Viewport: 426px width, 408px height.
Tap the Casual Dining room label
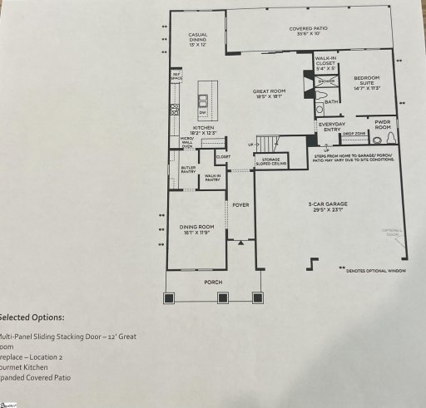click(198, 38)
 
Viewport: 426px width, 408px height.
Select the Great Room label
click(270, 95)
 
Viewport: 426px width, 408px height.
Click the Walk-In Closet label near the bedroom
click(325, 63)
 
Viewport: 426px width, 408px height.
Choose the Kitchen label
click(203, 130)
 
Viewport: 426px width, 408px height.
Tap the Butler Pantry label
click(187, 170)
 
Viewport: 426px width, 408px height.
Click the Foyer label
click(240, 204)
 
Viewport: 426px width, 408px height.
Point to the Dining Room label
click(197, 229)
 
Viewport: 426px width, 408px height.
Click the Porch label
click(215, 282)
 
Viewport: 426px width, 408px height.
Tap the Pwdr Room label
click(383, 123)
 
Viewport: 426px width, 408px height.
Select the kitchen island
click(202, 102)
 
